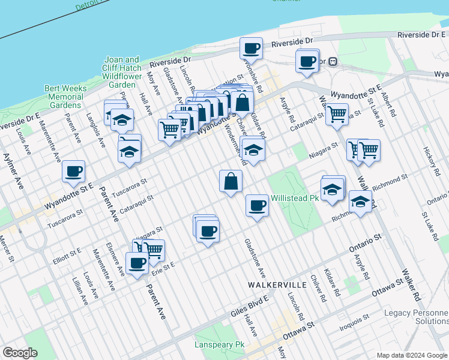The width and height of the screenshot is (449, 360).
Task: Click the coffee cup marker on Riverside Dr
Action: (x=251, y=49)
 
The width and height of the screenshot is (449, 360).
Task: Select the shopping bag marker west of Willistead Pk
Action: (x=231, y=181)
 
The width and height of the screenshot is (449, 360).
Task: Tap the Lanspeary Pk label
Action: (x=220, y=345)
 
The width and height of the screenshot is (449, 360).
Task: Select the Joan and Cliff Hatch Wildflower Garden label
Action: (x=122, y=73)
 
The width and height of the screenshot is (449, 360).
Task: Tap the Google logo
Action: (x=20, y=353)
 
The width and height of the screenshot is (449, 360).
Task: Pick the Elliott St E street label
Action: (x=67, y=254)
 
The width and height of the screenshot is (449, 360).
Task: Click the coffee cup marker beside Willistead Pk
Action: (x=257, y=206)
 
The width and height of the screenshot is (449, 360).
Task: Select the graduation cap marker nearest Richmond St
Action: (x=360, y=203)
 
